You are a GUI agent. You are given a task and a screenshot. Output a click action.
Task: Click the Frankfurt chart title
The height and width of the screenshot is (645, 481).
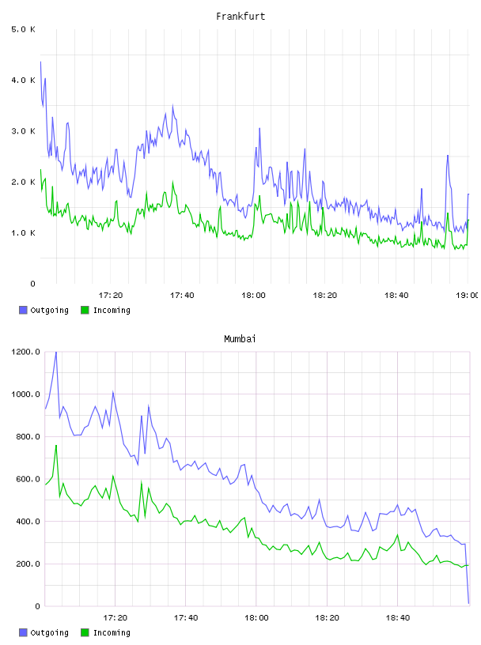[x=240, y=17]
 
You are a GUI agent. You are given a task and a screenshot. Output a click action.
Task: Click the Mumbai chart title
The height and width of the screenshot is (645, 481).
[x=240, y=339]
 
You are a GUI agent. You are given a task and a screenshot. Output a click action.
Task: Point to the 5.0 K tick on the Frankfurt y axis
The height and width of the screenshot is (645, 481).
[x=23, y=29]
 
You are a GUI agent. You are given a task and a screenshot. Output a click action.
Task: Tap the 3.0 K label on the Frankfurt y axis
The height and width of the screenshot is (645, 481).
[x=23, y=131]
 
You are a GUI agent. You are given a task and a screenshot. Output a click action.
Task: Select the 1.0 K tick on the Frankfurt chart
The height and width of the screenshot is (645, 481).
[x=23, y=233]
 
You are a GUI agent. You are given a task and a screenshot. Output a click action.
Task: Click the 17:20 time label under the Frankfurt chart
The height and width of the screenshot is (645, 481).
[x=111, y=295]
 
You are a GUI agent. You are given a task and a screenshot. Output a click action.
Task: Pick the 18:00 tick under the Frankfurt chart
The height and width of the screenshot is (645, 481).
[x=253, y=295]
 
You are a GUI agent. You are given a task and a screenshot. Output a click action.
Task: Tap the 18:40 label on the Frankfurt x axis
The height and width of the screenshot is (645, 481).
[x=396, y=295]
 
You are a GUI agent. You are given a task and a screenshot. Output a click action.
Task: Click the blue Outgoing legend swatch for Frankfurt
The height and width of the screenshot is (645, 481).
[x=23, y=310]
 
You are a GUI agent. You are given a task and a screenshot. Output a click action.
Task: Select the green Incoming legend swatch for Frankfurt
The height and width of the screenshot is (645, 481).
[x=85, y=310]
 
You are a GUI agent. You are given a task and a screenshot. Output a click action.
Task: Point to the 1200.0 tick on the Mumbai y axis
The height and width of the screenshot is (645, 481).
[x=25, y=352]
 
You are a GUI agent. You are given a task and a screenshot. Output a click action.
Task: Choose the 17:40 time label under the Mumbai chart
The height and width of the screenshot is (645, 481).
[x=186, y=617]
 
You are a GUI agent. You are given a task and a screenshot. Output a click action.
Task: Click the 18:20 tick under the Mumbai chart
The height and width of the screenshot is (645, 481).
[x=327, y=617]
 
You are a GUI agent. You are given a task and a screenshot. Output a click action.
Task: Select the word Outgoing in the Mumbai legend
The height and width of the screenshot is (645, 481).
[x=49, y=632]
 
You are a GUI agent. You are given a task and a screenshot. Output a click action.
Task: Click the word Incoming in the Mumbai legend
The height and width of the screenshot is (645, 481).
[x=112, y=632]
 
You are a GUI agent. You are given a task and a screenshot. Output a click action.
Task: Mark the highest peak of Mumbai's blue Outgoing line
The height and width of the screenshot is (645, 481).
[x=56, y=353]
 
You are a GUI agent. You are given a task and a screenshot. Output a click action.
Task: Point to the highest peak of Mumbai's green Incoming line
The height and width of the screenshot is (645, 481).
[x=56, y=446]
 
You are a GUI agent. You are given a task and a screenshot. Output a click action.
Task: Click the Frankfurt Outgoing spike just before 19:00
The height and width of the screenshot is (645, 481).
[x=448, y=156]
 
